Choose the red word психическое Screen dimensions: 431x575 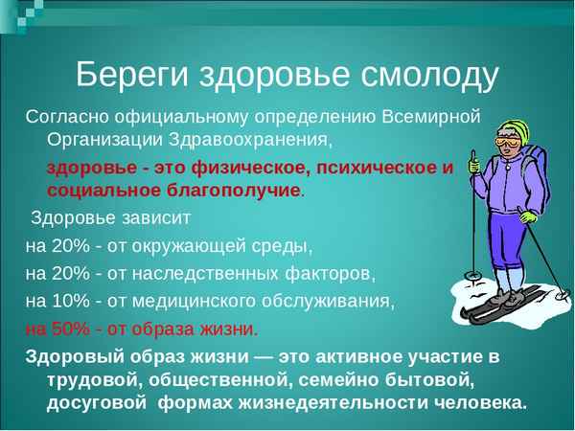375,168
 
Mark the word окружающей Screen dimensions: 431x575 171,244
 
